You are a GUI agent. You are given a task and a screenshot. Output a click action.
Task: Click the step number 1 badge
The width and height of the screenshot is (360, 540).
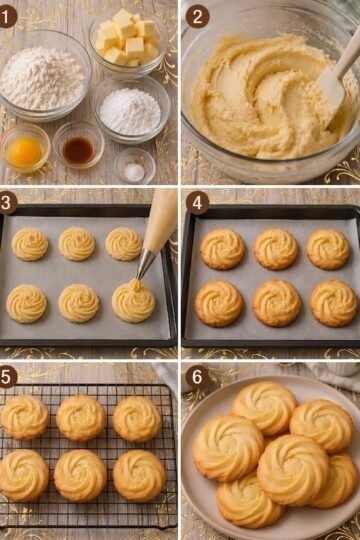point(7,17)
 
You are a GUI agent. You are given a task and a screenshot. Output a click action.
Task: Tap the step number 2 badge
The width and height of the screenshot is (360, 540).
point(197,17)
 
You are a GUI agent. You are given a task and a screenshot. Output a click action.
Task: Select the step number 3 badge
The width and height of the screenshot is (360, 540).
point(7,202)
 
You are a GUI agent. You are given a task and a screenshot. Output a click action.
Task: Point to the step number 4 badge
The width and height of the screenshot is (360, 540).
point(197,202)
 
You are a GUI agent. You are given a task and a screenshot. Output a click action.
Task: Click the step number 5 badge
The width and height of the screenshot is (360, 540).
point(7,377)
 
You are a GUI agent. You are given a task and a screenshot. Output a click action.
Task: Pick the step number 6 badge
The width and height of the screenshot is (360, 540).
point(197,377)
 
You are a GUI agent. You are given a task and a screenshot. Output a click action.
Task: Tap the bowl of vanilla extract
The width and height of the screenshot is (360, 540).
point(79,144)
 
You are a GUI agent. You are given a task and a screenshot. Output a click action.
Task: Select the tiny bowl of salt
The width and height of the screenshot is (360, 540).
point(134,166)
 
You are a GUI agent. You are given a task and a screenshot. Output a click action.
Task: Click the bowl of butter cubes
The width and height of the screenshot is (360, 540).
point(128,43)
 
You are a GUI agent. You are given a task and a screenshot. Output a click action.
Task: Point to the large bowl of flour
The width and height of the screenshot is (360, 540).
point(44,76)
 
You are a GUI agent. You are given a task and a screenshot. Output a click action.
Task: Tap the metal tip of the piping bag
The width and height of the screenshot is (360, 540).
point(145,263)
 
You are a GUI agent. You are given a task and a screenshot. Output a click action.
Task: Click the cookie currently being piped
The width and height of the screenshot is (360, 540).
point(133,300)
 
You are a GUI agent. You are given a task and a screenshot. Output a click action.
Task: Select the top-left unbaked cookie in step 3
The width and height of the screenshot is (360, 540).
point(30,244)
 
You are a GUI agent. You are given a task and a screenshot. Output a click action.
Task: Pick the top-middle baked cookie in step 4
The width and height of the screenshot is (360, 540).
point(276,249)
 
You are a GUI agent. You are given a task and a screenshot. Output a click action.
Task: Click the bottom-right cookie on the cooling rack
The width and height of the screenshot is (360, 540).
point(139,475)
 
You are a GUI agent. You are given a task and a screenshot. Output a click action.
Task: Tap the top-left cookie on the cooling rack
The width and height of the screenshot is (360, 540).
point(25,417)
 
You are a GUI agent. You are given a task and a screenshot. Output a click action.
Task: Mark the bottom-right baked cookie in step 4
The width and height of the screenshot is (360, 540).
point(333,303)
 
